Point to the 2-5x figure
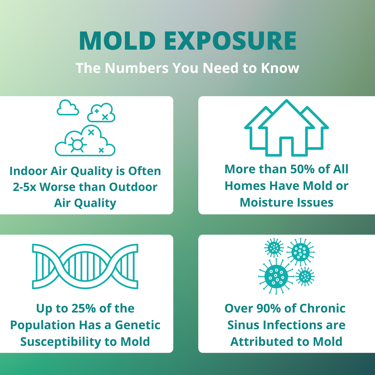(24, 187)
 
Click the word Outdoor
(134, 187)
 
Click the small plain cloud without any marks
(68, 108)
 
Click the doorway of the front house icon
(286, 146)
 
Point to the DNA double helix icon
(85, 266)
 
